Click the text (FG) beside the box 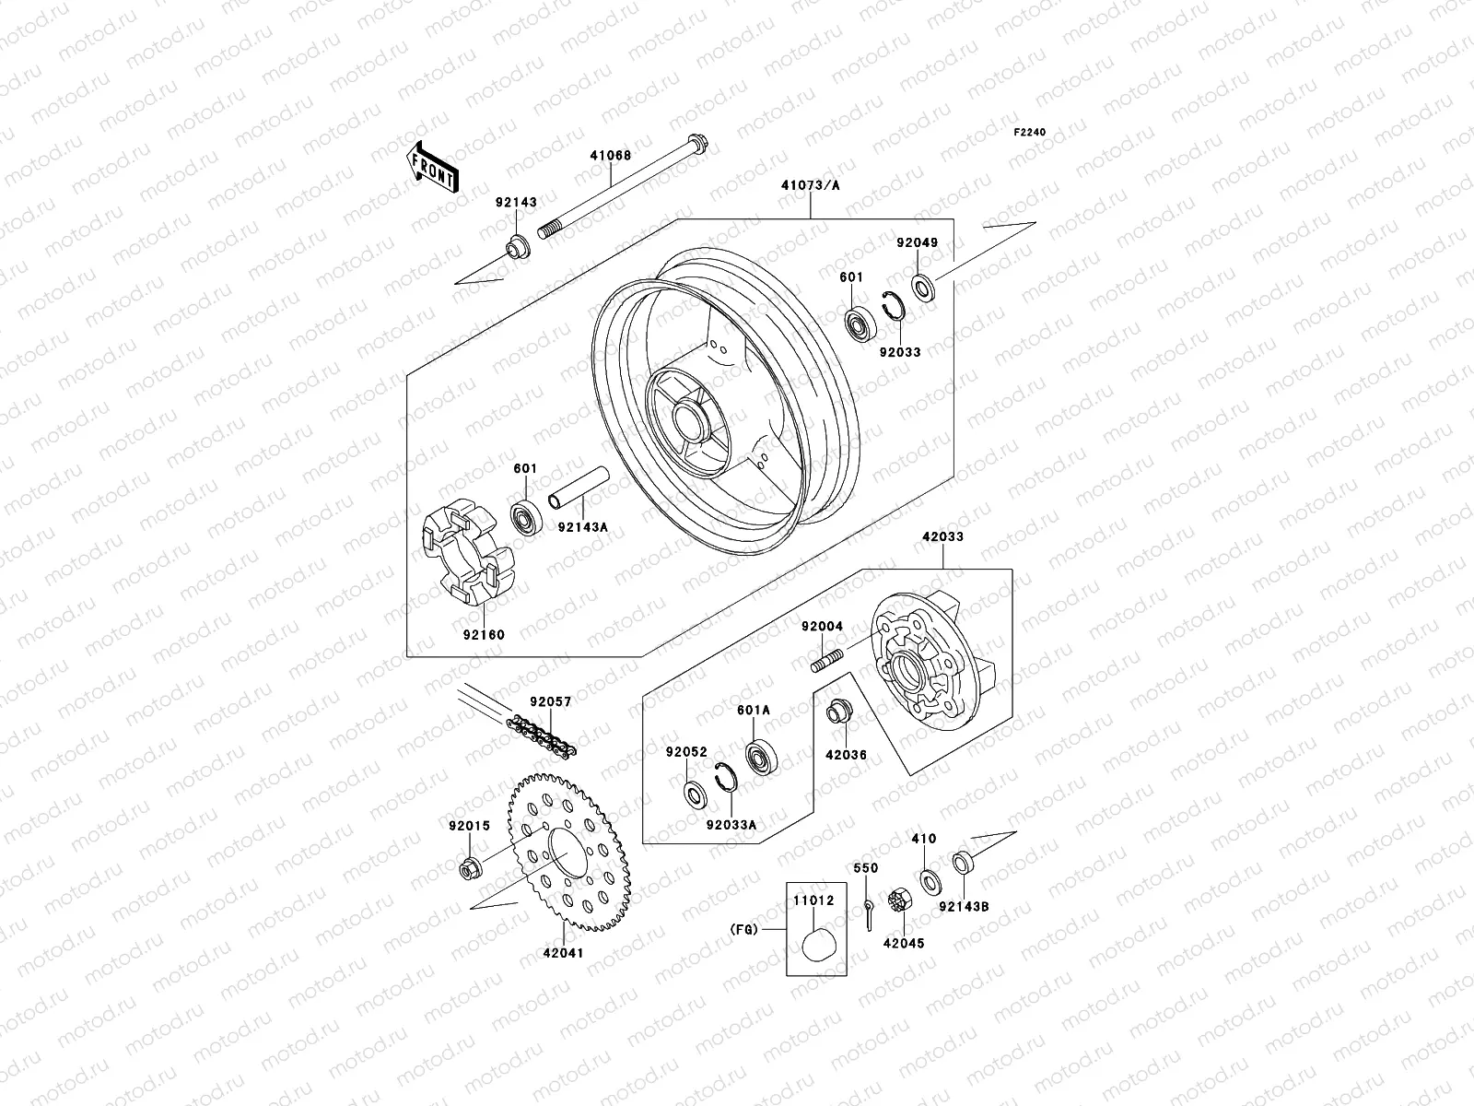pyautogui.click(x=743, y=930)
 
